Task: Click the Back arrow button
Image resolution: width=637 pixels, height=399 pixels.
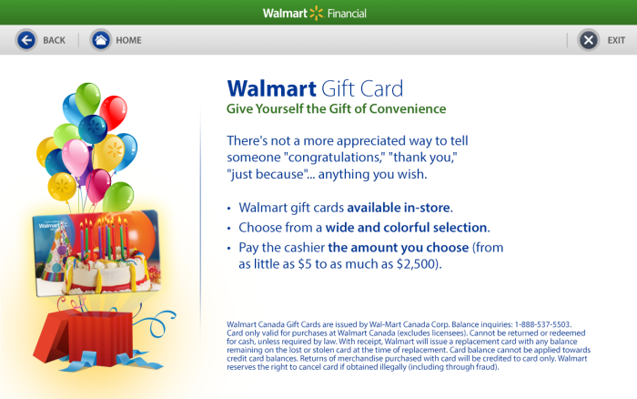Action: tap(26, 40)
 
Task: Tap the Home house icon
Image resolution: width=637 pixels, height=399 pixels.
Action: tap(101, 40)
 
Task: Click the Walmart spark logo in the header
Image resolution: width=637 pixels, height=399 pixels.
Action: tap(316, 13)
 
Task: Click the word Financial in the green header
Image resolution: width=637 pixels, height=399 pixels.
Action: tap(347, 14)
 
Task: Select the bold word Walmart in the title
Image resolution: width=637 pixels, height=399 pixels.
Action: tap(271, 88)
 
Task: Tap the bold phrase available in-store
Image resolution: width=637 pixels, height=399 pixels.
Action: tap(399, 208)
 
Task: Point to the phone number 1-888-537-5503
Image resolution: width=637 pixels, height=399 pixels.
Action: tap(542, 324)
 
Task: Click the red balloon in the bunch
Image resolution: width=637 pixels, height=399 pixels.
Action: tap(114, 112)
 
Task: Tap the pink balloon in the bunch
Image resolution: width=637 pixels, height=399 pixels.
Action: tap(76, 157)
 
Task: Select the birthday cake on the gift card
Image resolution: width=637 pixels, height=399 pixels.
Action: tap(106, 266)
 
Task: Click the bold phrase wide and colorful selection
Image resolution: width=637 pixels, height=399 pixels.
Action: tap(406, 228)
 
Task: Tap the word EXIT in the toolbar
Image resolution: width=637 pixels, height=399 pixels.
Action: tap(616, 40)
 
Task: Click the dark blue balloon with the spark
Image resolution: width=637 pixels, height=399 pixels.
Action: tap(93, 129)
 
